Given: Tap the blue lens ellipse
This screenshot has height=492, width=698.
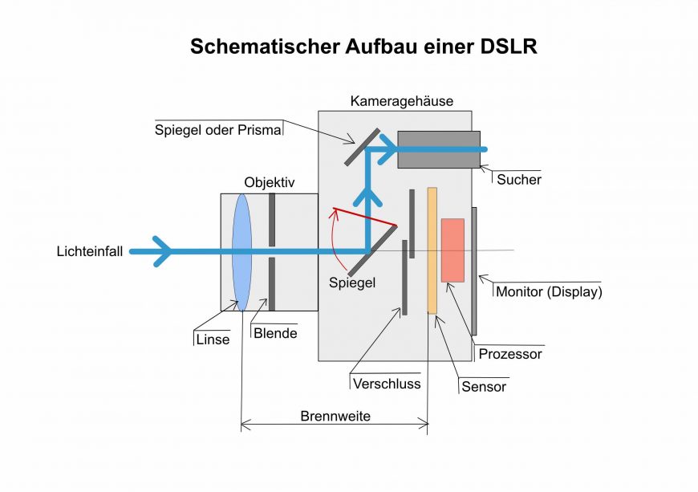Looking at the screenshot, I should pos(241,250).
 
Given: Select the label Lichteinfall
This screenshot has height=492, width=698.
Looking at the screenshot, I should pos(90,251).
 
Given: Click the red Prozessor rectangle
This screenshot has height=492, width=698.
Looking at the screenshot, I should pos(452,250).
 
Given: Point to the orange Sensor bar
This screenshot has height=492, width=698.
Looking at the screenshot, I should pos(432,250).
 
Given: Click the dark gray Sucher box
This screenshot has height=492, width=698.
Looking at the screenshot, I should pos(439,149).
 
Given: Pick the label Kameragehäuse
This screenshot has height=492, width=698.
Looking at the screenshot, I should pos(402,101).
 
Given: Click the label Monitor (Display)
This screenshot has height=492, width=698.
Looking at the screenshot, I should pos(549,291).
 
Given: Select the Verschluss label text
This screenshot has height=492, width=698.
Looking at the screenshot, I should pos(387,383).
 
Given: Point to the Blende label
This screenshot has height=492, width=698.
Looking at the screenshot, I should pos(274,333).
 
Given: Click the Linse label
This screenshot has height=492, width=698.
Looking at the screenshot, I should pos(213,339).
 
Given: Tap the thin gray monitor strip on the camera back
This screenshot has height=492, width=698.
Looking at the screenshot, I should pos(474,270).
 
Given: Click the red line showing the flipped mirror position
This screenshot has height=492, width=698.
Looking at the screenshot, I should pos(365,218).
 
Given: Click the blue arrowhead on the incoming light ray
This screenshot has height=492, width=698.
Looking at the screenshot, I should pos(163,251).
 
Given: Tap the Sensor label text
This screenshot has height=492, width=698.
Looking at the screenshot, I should pos(484,386).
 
